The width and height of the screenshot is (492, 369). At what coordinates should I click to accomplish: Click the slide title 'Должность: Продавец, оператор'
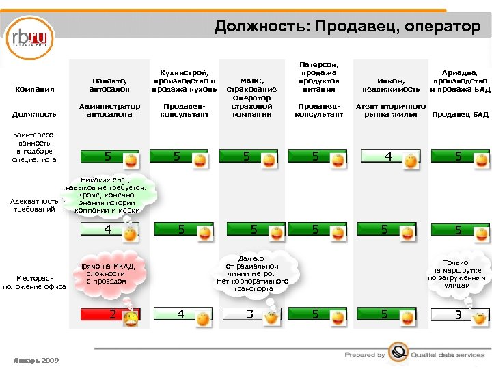pyautogui.click(x=347, y=27)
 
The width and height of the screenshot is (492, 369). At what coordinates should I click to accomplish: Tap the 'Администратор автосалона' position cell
pyautogui.click(x=109, y=110)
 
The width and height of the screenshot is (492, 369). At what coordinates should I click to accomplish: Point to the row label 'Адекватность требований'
pyautogui.click(x=33, y=205)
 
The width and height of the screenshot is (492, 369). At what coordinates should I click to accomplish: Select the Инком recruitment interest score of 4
pyautogui.click(x=387, y=156)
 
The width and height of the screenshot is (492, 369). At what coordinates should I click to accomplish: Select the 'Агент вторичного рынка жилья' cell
pyautogui.click(x=390, y=110)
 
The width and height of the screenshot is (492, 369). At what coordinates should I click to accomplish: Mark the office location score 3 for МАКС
pyautogui.click(x=250, y=314)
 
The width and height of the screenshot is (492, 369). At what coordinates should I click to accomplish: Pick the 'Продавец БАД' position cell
pyautogui.click(x=460, y=114)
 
